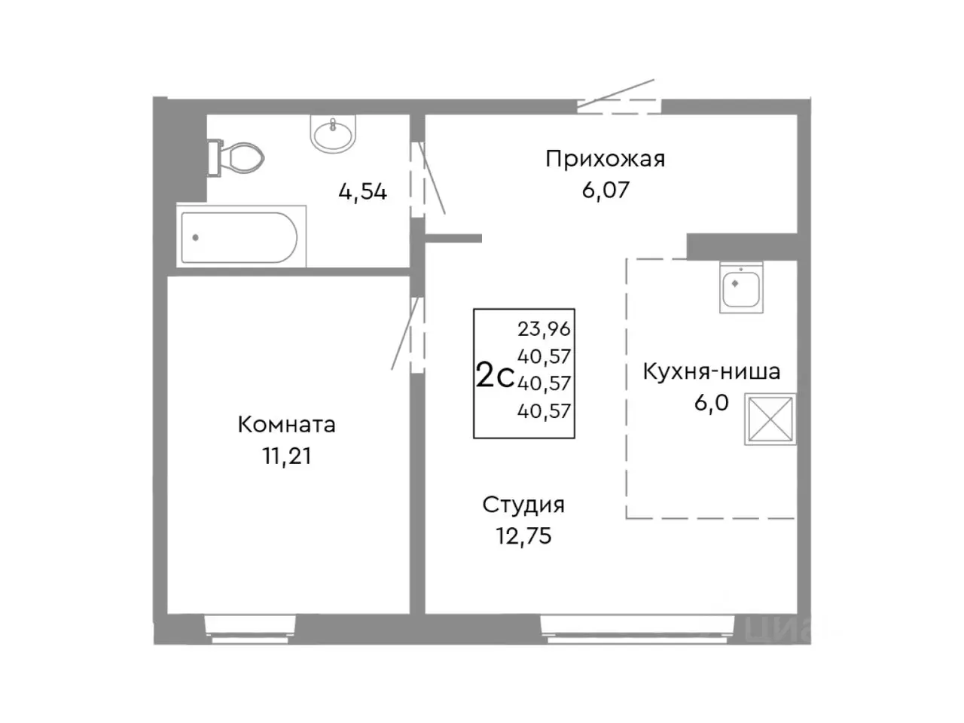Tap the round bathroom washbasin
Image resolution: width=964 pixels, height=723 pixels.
332,135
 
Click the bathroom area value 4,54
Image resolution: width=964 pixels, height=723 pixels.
362,192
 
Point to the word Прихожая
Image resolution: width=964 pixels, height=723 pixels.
605,159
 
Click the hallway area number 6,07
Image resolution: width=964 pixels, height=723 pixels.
605,190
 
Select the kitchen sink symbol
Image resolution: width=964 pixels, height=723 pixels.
741,288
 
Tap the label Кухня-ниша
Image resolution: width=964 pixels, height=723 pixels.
711,371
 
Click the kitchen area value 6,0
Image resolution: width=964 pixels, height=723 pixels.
711,403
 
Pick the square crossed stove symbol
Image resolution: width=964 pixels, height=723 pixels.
770,419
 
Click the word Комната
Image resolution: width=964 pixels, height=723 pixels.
286,425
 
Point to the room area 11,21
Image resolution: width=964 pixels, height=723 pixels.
286,456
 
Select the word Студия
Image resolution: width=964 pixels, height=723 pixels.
523,505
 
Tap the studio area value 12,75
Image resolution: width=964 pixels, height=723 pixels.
523,535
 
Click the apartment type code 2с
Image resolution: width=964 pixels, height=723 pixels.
495,374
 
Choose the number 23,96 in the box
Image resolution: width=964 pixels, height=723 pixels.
544,329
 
